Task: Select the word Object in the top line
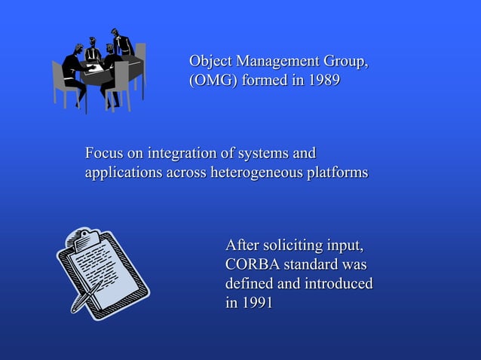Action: click(210, 61)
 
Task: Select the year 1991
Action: click(256, 304)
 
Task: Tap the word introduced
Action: click(338, 285)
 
